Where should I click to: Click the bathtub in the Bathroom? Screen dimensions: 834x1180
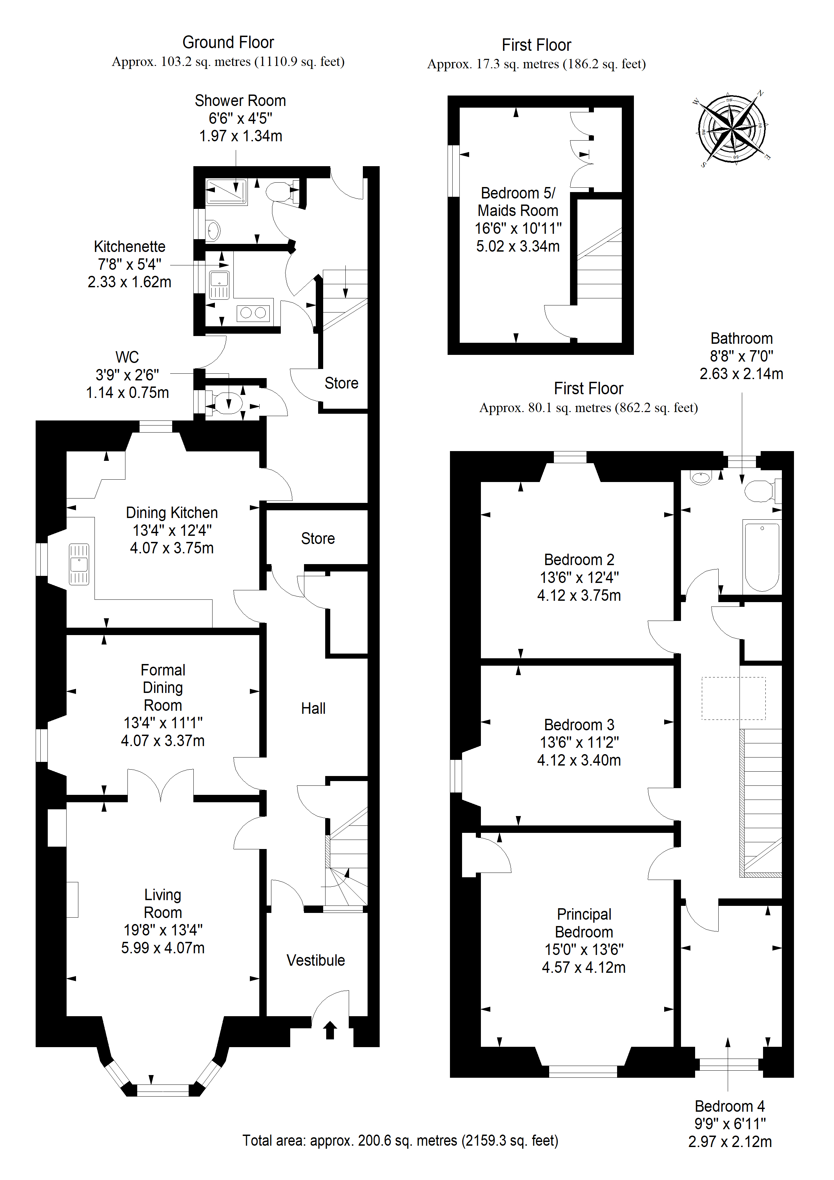click(762, 557)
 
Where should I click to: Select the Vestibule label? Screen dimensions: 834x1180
click(315, 960)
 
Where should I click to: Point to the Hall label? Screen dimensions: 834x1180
click(313, 708)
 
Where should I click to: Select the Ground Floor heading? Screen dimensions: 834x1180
click(228, 42)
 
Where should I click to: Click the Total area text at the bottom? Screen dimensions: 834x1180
click(400, 1140)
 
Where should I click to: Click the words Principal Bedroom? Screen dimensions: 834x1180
click(584, 923)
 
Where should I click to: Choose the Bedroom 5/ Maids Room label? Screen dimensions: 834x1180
click(518, 201)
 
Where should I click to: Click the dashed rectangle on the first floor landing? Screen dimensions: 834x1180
click(734, 698)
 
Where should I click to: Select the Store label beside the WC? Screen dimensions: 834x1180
click(341, 383)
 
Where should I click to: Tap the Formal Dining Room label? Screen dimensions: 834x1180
click(163, 688)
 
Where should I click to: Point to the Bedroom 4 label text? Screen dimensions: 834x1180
click(730, 1106)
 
